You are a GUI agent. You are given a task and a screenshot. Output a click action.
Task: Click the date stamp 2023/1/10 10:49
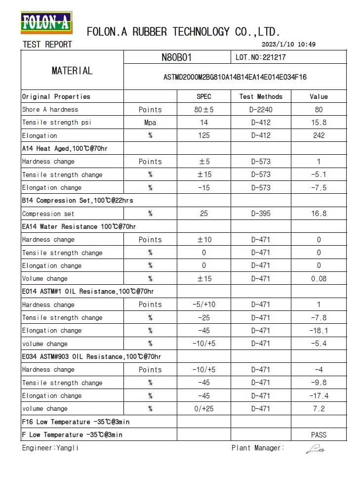(x=291, y=44)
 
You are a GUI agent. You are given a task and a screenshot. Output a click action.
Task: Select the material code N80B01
(x=176, y=57)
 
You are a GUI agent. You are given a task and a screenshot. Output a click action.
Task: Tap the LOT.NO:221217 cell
(x=261, y=57)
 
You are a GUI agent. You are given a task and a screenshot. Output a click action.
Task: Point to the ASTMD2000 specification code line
(x=235, y=77)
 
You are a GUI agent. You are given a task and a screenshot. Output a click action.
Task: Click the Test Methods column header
(x=261, y=96)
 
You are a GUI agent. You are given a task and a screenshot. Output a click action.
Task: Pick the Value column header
(x=319, y=96)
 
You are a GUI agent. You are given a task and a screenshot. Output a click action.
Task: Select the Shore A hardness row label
(x=50, y=109)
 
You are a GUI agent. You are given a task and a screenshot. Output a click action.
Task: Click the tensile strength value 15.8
(x=319, y=123)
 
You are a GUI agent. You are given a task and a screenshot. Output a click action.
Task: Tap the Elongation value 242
(x=319, y=135)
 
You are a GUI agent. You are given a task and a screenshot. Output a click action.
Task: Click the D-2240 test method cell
(x=261, y=109)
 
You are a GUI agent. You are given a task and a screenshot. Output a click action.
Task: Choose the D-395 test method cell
(x=261, y=214)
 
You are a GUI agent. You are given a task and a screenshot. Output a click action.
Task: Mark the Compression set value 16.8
(x=319, y=214)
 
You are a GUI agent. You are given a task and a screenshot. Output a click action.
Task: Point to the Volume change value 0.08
(x=319, y=279)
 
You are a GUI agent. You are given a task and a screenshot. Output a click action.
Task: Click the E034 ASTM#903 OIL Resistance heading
(x=91, y=356)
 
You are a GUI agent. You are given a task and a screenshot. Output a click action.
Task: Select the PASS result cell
(x=319, y=435)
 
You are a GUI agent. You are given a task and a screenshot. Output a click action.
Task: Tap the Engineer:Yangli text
(x=50, y=448)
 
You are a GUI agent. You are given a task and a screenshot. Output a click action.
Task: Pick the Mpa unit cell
(x=150, y=123)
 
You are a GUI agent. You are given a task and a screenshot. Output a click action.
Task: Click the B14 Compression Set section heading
(x=78, y=201)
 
